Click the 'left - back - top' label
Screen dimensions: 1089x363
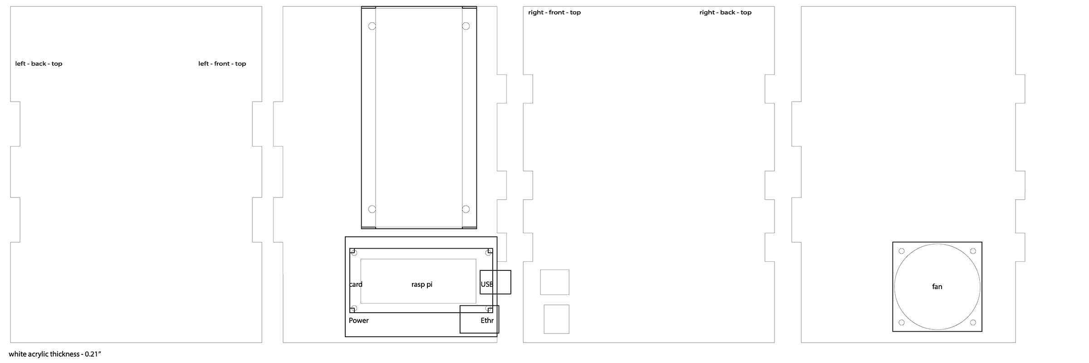[x=39, y=64]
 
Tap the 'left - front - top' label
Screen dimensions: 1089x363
[x=222, y=64]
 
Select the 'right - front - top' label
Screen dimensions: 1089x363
[x=554, y=12]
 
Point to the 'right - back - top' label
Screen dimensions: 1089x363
[x=725, y=12]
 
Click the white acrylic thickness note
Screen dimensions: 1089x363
[x=54, y=354]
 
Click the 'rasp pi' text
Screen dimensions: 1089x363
[x=422, y=285]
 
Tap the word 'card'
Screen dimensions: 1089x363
[x=356, y=285]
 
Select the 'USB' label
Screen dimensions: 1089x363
[x=487, y=284]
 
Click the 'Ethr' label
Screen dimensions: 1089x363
[x=487, y=320]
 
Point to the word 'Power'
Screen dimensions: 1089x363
[x=358, y=320]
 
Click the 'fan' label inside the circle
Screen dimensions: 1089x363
[x=937, y=287]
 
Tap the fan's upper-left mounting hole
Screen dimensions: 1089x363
[x=902, y=251]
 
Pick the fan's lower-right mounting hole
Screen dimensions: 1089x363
[x=973, y=323]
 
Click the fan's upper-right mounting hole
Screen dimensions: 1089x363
[x=973, y=251]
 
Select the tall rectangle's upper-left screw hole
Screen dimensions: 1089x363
[x=372, y=26]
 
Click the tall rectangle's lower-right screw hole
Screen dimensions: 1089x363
[x=466, y=209]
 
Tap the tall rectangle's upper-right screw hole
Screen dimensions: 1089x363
[x=466, y=26]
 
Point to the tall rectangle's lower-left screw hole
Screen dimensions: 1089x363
[x=372, y=209]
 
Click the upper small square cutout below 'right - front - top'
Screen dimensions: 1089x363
[x=554, y=282]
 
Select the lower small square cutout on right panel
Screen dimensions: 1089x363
[x=556, y=319]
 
